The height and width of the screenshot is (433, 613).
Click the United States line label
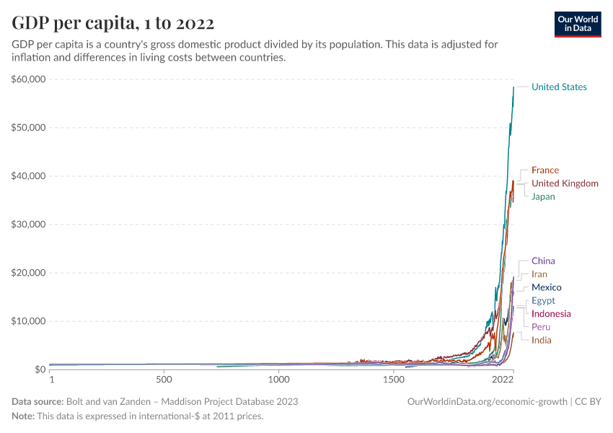tap(559, 87)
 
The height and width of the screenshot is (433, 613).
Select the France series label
tap(544, 170)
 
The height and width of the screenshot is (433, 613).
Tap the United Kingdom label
tap(565, 183)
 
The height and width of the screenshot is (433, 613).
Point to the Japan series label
tap(543, 196)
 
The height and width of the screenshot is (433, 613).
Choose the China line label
tap(543, 261)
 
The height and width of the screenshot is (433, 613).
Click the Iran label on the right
tap(539, 274)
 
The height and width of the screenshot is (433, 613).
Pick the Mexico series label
tap(546, 287)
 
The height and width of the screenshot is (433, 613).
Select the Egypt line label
tap(543, 300)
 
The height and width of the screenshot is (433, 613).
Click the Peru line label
tap(541, 327)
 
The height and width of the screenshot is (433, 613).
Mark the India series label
tap(541, 340)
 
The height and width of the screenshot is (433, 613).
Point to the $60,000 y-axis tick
tap(29, 79)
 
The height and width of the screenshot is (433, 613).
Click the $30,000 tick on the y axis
tap(29, 224)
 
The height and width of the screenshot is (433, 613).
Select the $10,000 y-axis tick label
tap(29, 321)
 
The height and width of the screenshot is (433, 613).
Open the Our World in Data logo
tap(577, 24)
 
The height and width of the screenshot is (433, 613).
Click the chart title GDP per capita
tap(113, 23)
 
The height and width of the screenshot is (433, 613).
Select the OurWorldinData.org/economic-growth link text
tap(488, 401)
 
